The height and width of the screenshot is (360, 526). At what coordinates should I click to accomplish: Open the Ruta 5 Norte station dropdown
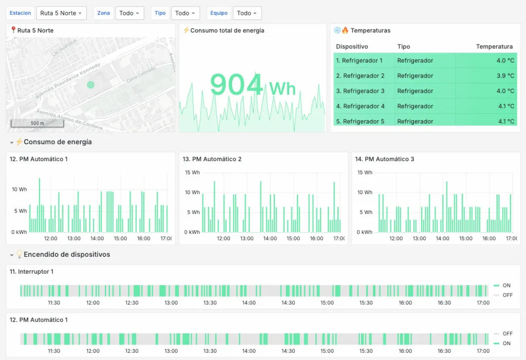tap(61, 13)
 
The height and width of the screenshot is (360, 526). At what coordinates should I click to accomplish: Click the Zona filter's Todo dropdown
tap(129, 13)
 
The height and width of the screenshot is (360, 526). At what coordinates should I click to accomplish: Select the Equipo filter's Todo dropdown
tap(247, 13)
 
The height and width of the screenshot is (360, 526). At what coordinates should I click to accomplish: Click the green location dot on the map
tap(91, 85)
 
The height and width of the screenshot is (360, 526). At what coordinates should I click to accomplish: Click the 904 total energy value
tap(236, 85)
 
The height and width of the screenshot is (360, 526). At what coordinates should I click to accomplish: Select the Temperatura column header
tap(494, 46)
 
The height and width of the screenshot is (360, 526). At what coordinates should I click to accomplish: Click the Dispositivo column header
tap(352, 46)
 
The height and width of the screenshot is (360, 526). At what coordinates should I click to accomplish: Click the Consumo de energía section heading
tap(58, 142)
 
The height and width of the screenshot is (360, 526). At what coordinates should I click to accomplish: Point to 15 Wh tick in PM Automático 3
tap(365, 173)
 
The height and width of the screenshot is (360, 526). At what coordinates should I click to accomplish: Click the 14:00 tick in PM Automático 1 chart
tap(97, 238)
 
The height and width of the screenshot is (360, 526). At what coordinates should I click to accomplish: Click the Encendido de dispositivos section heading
tap(66, 254)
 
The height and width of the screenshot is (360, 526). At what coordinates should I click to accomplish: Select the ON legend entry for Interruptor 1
tap(506, 286)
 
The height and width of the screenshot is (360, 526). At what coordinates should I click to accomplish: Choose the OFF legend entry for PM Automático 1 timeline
tap(507, 333)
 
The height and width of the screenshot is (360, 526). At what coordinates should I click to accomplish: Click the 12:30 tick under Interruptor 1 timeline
tap(132, 302)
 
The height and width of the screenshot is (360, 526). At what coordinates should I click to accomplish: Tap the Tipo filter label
tap(160, 13)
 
